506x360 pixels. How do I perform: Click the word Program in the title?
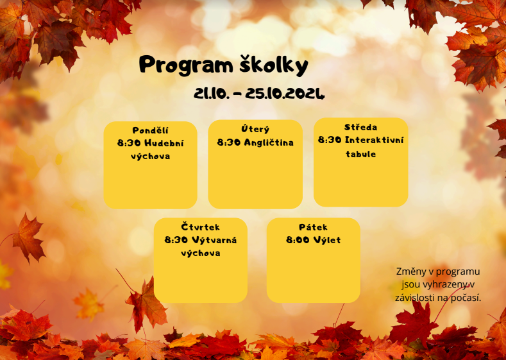point(186,65)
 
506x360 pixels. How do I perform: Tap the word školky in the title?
point(274,65)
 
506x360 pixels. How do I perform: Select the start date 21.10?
point(212,94)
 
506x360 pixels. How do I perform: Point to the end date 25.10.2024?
point(285,94)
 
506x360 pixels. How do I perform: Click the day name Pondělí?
point(150,130)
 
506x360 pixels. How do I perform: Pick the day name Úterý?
point(255,129)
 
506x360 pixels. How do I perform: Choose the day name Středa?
point(361,127)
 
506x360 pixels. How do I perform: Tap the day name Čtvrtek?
point(200,227)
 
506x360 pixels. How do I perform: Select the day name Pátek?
point(313,227)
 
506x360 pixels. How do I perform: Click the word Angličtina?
point(269,142)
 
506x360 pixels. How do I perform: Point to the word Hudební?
point(164,143)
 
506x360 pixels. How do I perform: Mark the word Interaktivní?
point(374,140)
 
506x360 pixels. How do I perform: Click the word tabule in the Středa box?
point(361,154)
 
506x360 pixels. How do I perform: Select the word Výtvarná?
point(214,240)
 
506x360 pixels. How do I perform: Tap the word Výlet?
point(327,240)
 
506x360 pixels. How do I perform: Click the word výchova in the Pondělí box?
point(150,157)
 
